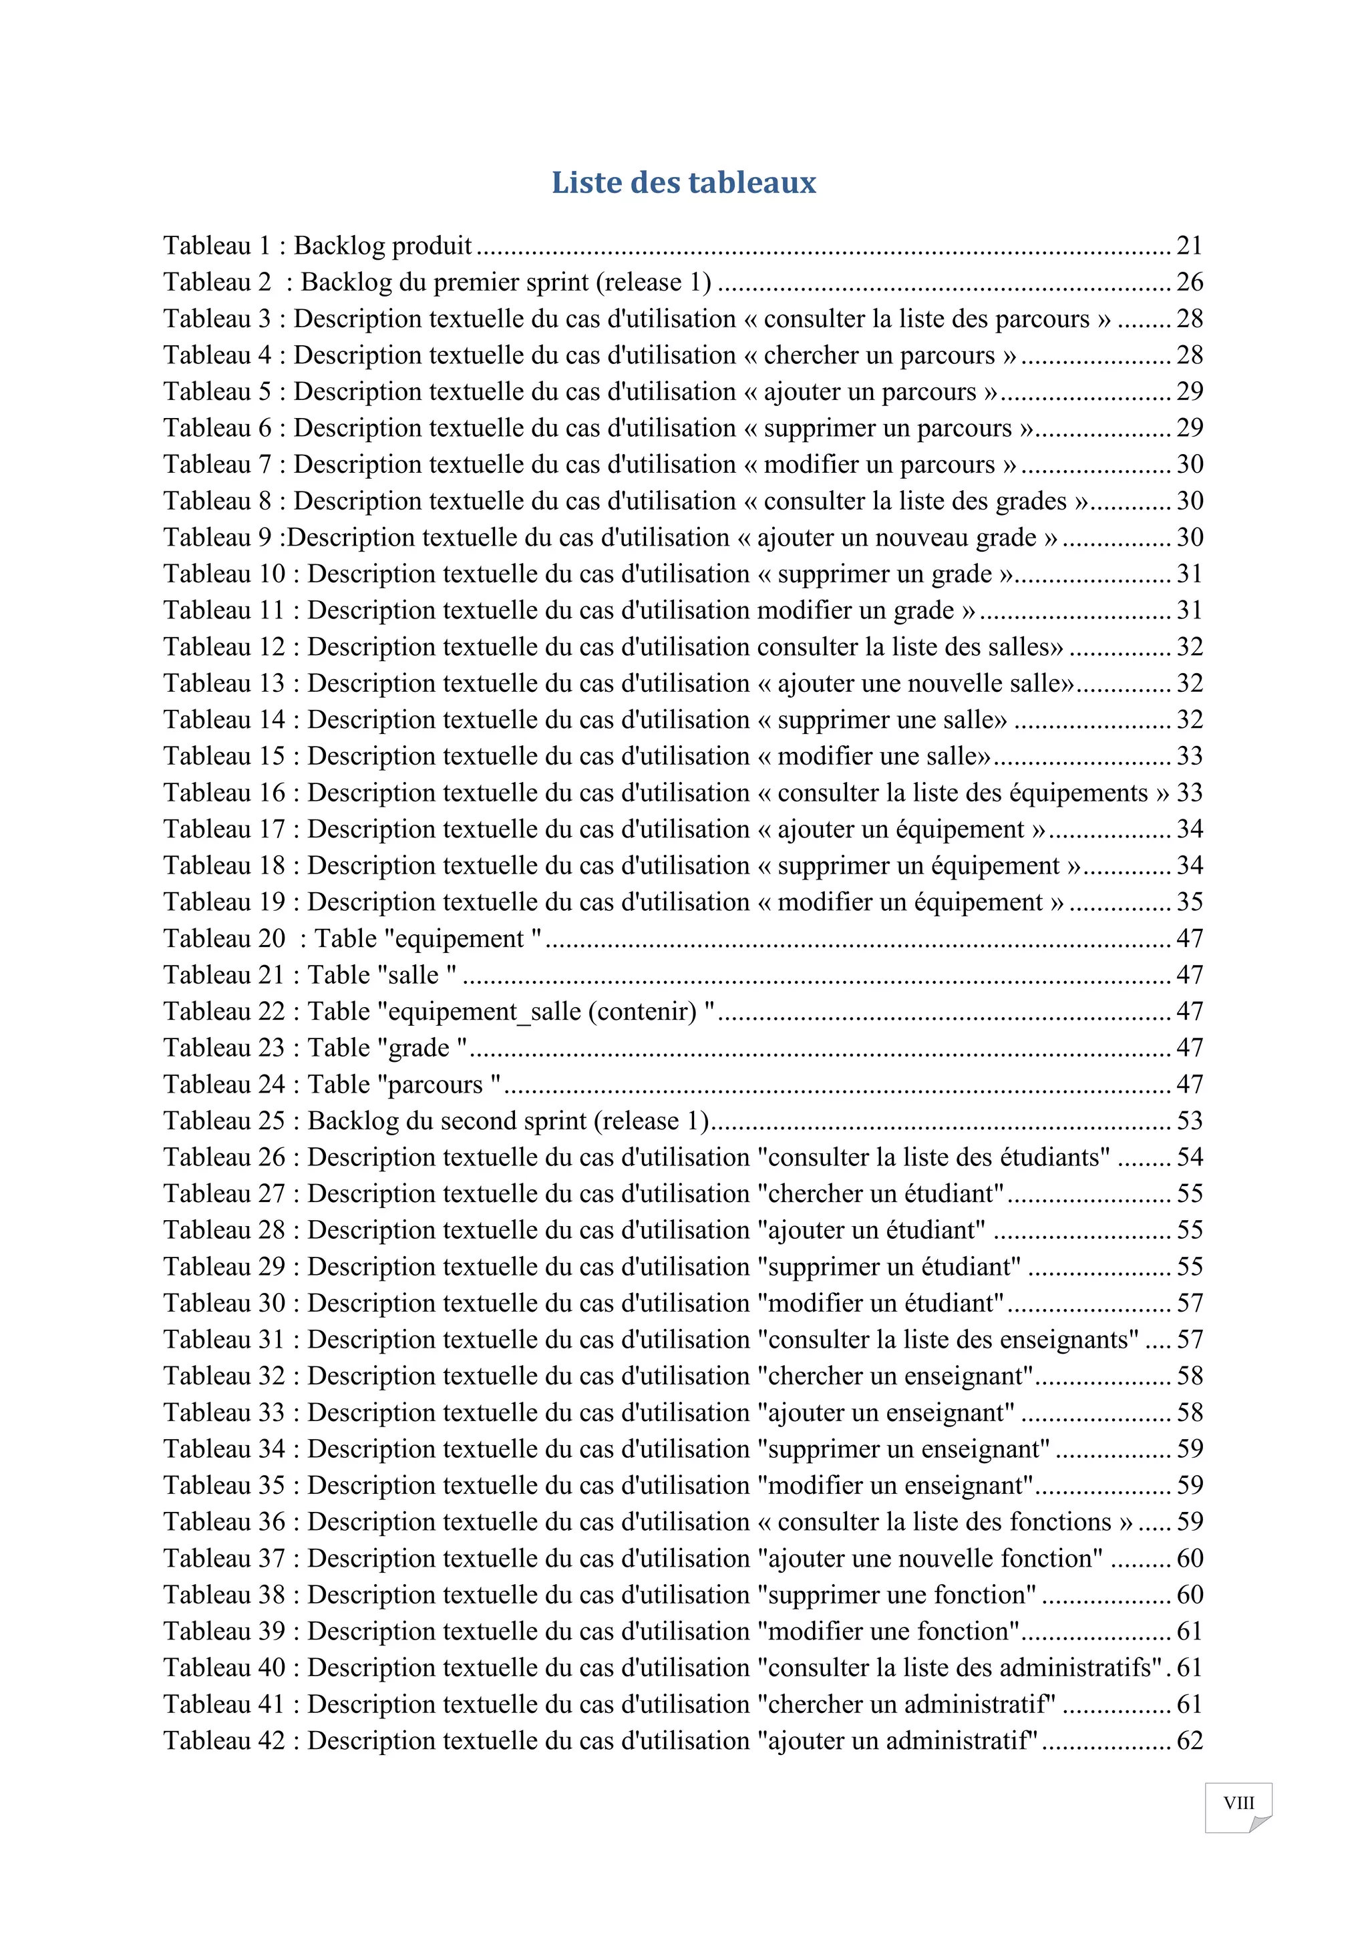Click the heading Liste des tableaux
coord(683,183)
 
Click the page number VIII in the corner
coord(1238,1802)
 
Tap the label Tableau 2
coord(217,282)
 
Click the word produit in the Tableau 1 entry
coord(432,245)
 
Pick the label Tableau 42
coord(224,1741)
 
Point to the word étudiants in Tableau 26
coord(1053,1157)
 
